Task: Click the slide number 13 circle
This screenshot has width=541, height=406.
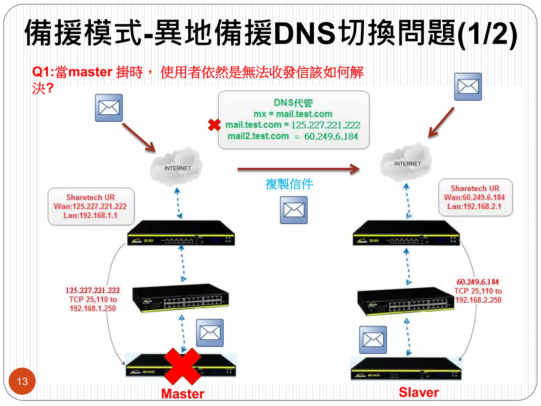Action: [22, 381]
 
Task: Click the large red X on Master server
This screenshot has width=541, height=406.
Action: [182, 366]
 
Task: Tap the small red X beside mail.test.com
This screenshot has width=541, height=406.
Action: [214, 125]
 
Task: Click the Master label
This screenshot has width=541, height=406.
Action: [183, 394]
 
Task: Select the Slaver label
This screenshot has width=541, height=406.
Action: [419, 392]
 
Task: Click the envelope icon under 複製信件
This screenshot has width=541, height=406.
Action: [294, 210]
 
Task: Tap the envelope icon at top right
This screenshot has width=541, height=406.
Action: [468, 87]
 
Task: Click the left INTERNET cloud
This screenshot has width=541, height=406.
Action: [176, 167]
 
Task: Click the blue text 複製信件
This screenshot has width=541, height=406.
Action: [289, 184]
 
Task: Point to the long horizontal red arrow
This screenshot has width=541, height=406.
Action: [299, 169]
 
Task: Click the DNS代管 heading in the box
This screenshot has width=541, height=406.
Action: [293, 103]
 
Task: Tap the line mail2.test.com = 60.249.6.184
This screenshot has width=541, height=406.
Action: [293, 136]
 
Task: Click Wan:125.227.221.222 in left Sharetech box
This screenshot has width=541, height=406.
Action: [90, 206]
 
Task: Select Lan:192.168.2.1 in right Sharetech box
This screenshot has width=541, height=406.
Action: [474, 206]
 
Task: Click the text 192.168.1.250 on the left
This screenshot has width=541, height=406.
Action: [93, 308]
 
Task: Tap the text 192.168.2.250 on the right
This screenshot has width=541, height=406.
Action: [478, 300]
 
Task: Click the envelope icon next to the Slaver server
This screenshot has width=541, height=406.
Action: [373, 340]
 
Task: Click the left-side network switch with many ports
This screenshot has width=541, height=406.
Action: [181, 298]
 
